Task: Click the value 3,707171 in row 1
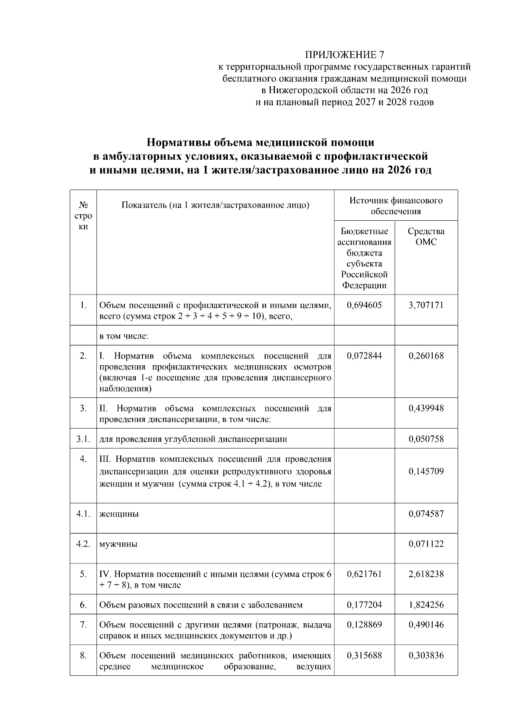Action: pos(426,305)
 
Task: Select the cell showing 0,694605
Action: pos(364,305)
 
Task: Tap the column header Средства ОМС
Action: pos(426,236)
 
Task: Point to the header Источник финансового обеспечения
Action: pos(395,205)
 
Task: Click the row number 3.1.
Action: pos(83,439)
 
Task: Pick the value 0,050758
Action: pos(426,439)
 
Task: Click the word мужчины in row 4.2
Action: pos(118,544)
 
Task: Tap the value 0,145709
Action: pos(426,471)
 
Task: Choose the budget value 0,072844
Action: pos(364,356)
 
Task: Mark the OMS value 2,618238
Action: pos(426,574)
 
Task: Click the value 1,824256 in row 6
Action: pos(426,605)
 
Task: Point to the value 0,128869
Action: pos(364,625)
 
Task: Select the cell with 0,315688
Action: pos(364,655)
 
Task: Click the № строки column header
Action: pos(83,216)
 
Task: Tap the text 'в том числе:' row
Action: pos(123,336)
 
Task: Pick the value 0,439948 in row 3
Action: pos(426,408)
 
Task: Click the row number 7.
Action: pos(83,625)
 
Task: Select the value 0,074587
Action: pos(426,514)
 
